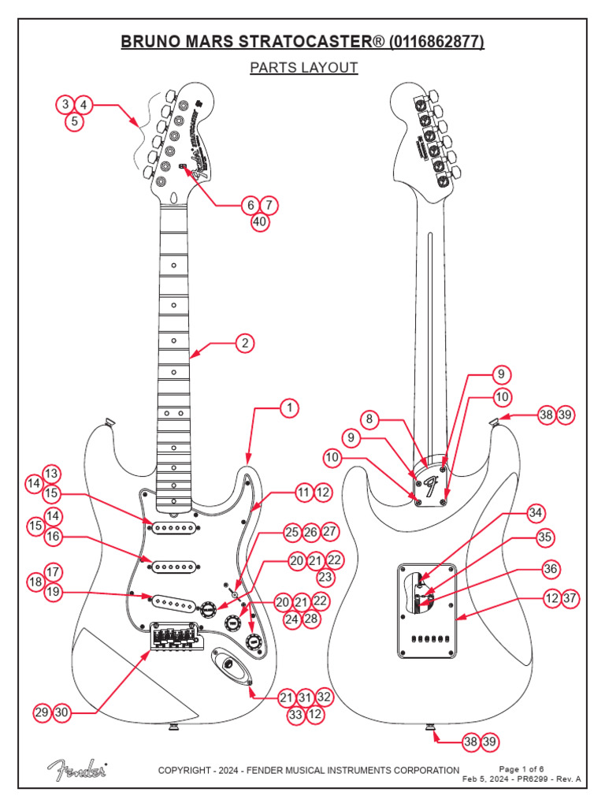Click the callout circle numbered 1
click(290, 407)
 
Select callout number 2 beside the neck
click(246, 343)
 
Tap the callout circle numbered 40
click(260, 222)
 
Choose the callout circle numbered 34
click(536, 513)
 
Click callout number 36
click(551, 568)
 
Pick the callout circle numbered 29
click(43, 712)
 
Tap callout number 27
click(329, 533)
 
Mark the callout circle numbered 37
click(570, 599)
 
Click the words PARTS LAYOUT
click(303, 68)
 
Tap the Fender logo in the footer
click(76, 768)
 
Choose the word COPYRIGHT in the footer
click(187, 770)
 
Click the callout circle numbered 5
click(74, 122)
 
